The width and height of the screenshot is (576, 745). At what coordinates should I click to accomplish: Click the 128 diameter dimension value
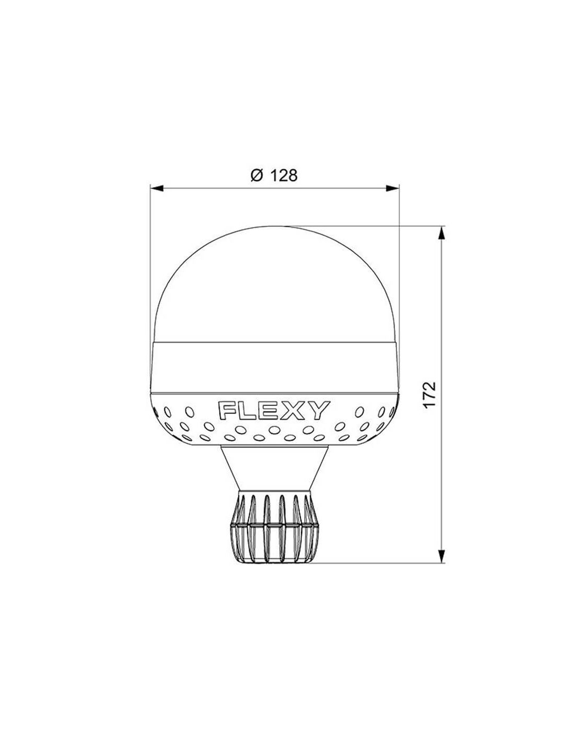pyautogui.click(x=284, y=175)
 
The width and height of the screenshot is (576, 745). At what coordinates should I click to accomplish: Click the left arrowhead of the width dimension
pyautogui.click(x=157, y=188)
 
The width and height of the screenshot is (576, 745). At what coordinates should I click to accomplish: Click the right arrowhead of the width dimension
pyautogui.click(x=393, y=188)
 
